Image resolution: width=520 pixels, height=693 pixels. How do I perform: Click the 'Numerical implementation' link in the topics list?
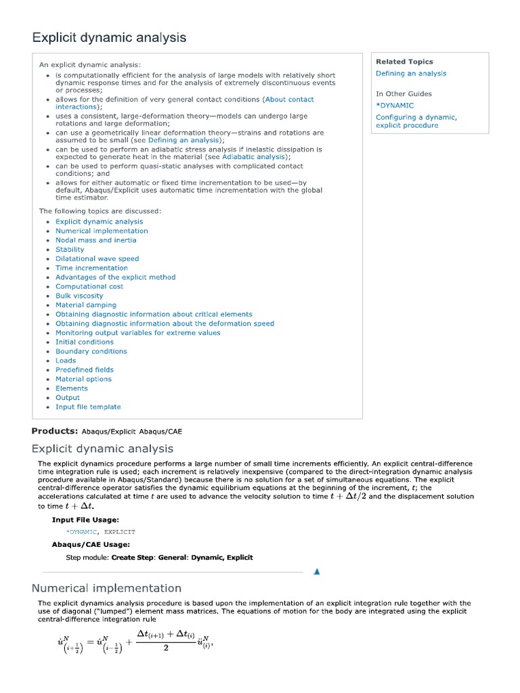pyautogui.click(x=102, y=231)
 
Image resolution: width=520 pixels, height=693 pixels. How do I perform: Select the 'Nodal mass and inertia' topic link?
pyautogui.click(x=95, y=240)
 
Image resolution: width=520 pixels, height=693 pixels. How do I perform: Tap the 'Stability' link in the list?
pyautogui.click(x=70, y=249)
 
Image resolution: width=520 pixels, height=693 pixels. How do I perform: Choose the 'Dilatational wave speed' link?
pyautogui.click(x=97, y=259)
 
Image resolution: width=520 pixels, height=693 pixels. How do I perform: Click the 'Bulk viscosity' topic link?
pyautogui.click(x=79, y=296)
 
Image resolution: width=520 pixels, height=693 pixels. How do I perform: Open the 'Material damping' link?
pyautogui.click(x=85, y=305)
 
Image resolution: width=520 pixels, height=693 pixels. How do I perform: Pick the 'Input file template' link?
pyautogui.click(x=88, y=407)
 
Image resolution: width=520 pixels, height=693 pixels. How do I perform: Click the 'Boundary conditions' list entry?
pyautogui.click(x=91, y=351)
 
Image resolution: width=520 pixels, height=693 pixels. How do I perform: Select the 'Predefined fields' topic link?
pyautogui.click(x=85, y=370)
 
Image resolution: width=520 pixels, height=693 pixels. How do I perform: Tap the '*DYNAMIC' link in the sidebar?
pyautogui.click(x=395, y=106)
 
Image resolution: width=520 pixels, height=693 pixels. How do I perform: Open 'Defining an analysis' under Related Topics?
pyautogui.click(x=411, y=74)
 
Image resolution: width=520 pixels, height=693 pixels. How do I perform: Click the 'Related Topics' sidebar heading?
pyautogui.click(x=404, y=62)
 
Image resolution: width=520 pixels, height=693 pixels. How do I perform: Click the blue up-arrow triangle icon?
pyautogui.click(x=316, y=572)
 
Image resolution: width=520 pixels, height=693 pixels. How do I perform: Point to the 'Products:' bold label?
pyautogui.click(x=55, y=431)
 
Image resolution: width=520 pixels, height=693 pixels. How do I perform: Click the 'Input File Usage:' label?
pyautogui.click(x=85, y=520)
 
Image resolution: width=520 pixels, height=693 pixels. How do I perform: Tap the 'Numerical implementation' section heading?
pyautogui.click(x=106, y=588)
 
